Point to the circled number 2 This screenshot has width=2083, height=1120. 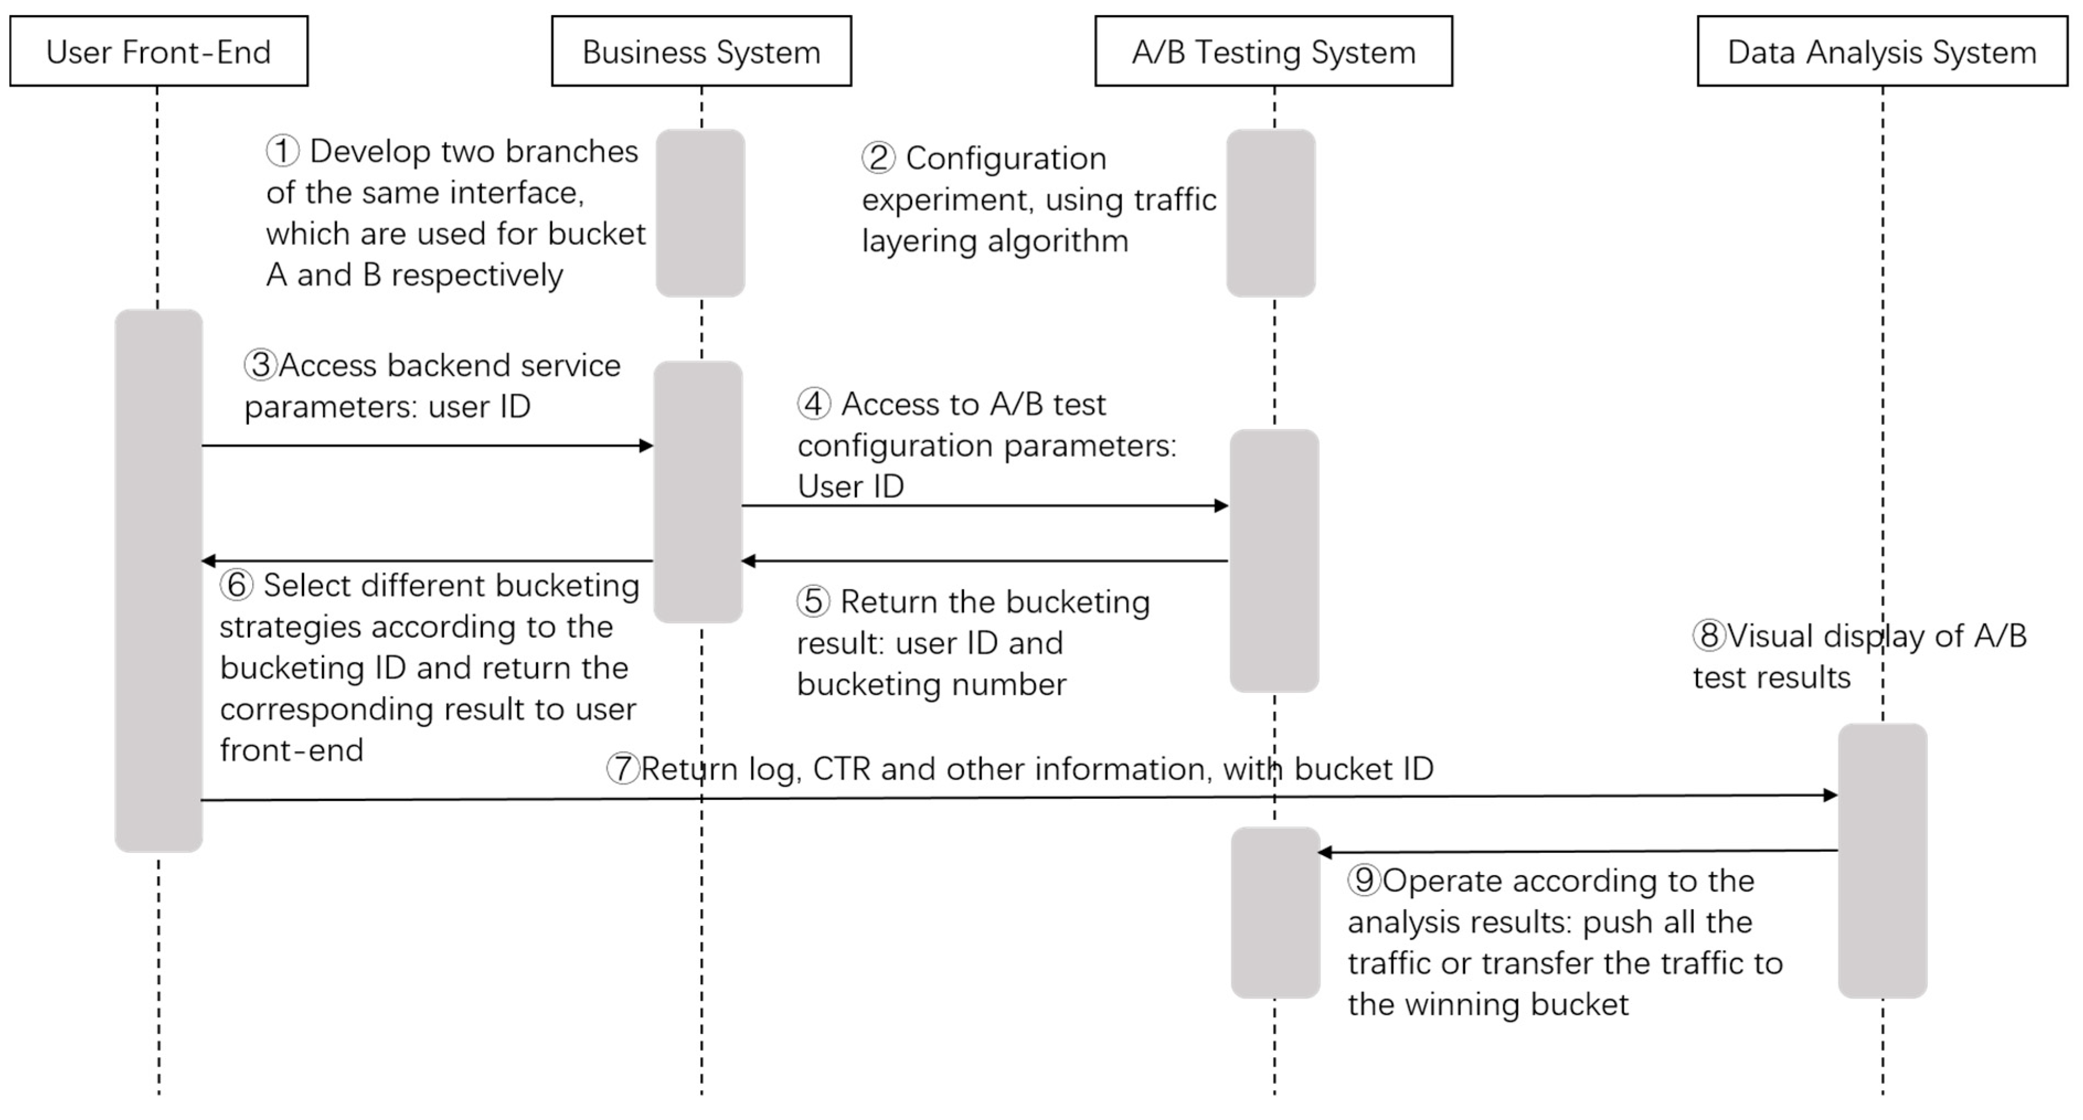click(878, 158)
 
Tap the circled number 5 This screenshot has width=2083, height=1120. click(813, 601)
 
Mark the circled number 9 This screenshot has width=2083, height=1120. click(1364, 880)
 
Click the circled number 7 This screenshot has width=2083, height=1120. click(622, 768)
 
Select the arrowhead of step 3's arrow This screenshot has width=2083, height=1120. click(646, 446)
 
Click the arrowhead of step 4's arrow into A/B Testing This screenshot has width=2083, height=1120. click(1222, 506)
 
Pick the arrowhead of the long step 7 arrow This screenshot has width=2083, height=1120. click(1831, 796)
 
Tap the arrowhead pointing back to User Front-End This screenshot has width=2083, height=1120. click(209, 561)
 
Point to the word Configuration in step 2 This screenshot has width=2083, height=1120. click(1006, 158)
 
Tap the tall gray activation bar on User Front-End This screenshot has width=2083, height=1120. click(158, 580)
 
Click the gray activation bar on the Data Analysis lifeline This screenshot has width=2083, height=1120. click(1883, 861)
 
